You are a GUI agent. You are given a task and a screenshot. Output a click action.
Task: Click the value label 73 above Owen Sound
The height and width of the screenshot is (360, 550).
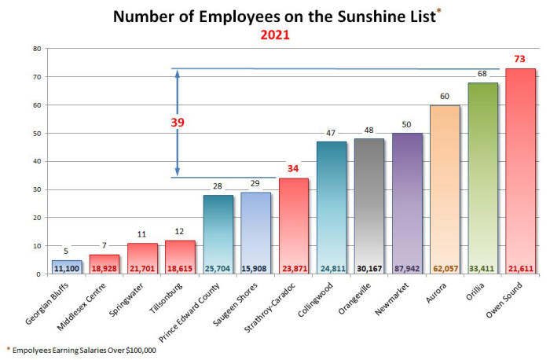coord(520,60)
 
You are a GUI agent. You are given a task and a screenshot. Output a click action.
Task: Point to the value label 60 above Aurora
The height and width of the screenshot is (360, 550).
coord(445,97)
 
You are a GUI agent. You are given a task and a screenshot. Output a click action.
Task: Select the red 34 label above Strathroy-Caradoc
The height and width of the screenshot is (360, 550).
coord(294,169)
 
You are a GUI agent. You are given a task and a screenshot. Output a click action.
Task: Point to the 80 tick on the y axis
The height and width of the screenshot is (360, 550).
coord(36,49)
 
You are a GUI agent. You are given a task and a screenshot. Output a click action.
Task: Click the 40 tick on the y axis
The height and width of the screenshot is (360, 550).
coord(36,161)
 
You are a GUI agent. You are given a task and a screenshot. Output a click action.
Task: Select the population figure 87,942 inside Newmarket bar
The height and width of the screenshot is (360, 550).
coord(407,267)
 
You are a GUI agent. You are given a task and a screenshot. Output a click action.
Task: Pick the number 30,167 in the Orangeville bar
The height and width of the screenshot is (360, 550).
coord(369,267)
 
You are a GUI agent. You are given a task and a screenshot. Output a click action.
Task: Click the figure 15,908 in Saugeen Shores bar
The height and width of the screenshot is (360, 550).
coord(256,267)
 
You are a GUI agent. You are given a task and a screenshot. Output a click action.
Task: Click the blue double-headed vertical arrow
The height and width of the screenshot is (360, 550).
coord(178,123)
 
